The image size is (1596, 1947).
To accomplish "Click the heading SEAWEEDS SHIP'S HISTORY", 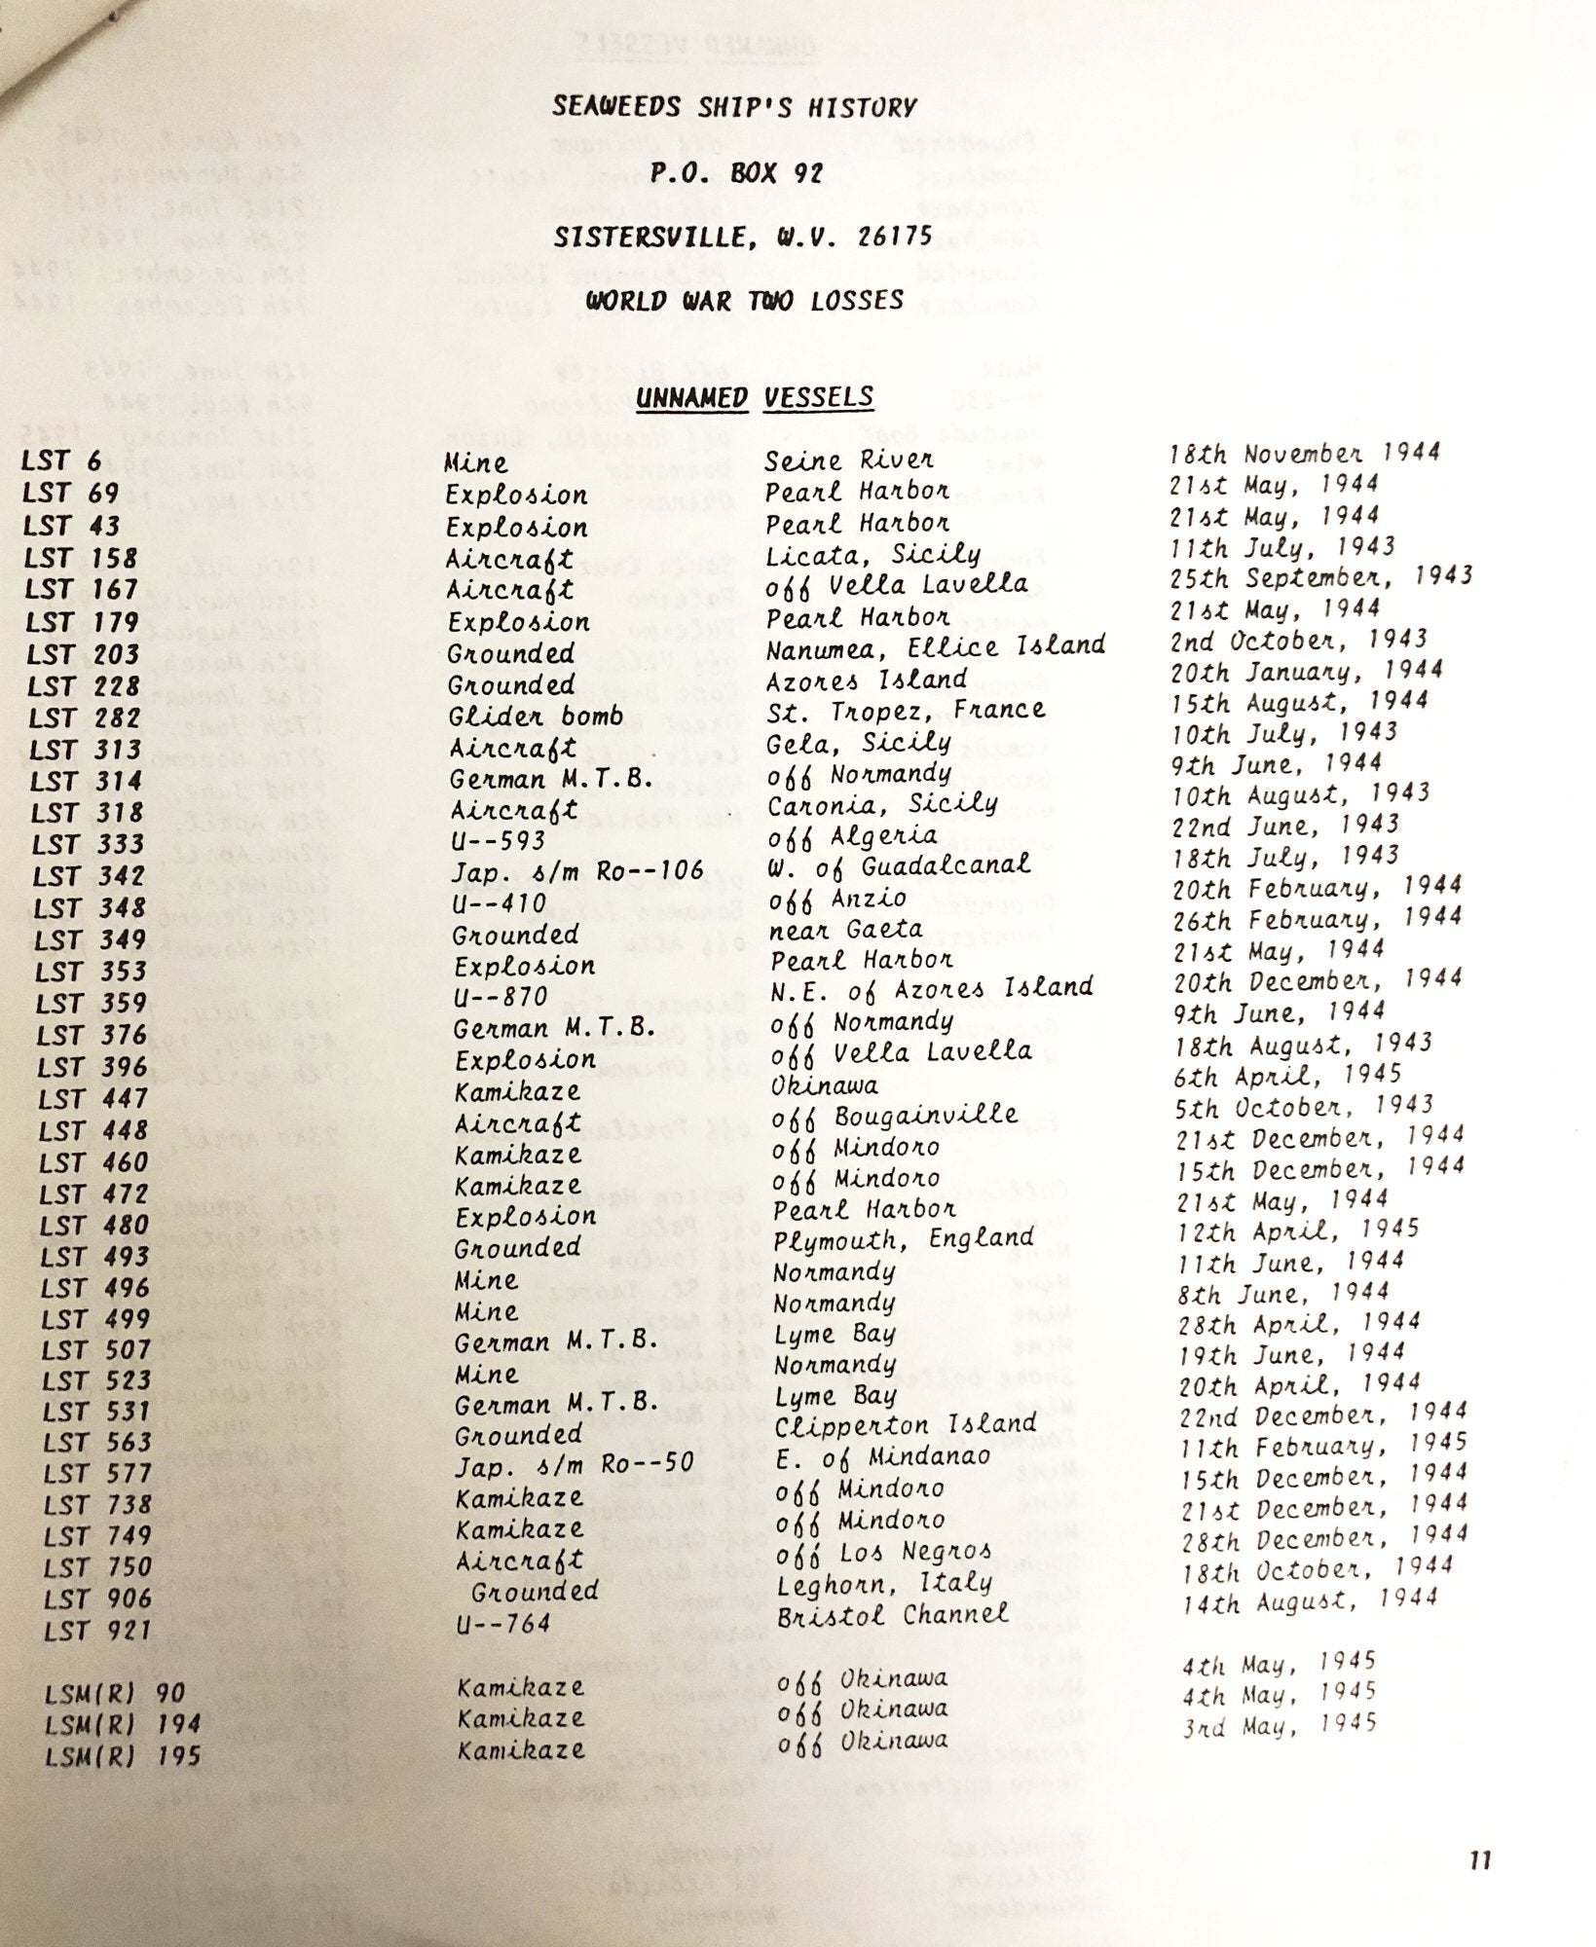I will [x=734, y=107].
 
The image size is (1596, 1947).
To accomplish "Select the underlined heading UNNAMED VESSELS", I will [x=755, y=397].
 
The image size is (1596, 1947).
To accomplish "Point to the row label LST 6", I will [x=60, y=459].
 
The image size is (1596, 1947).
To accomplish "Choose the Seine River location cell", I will [x=848, y=459].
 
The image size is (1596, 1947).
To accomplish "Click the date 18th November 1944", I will [x=1305, y=453].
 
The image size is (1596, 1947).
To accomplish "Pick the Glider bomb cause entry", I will [x=536, y=716].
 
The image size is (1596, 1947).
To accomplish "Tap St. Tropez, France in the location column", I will [x=906, y=710].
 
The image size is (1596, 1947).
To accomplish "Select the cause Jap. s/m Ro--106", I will [x=577, y=871].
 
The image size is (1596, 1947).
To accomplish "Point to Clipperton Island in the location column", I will [x=905, y=1425].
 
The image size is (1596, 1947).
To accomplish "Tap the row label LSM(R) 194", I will [x=123, y=1724].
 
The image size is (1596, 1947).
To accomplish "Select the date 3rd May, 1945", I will [x=1280, y=1725].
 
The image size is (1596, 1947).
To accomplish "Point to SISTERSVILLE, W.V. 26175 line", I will [x=742, y=236].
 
